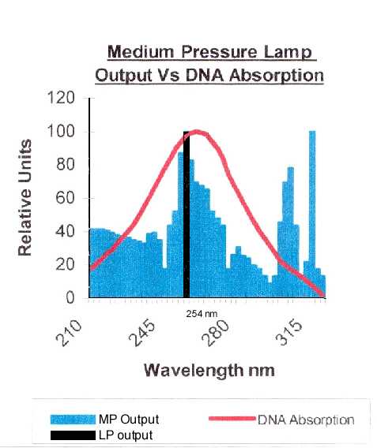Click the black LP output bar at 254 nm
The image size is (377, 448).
(187, 215)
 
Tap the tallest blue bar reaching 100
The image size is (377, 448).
(312, 215)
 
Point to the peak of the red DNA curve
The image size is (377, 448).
(197, 132)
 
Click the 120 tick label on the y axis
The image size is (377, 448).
(61, 98)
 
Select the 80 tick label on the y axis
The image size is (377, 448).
(66, 164)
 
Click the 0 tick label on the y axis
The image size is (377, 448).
(70, 297)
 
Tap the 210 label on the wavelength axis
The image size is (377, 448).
(69, 333)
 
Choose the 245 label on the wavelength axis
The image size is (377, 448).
(142, 333)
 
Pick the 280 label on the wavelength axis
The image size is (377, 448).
(215, 333)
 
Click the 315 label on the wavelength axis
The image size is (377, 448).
(288, 333)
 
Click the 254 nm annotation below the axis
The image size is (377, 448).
(202, 314)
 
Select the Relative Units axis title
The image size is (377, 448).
(25, 197)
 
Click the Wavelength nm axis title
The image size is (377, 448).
(209, 370)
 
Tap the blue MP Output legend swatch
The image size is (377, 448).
(73, 420)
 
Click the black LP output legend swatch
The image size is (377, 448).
(73, 435)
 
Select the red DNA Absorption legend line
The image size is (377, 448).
(232, 419)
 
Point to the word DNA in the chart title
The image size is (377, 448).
(205, 76)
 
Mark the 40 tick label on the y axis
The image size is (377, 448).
(66, 231)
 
